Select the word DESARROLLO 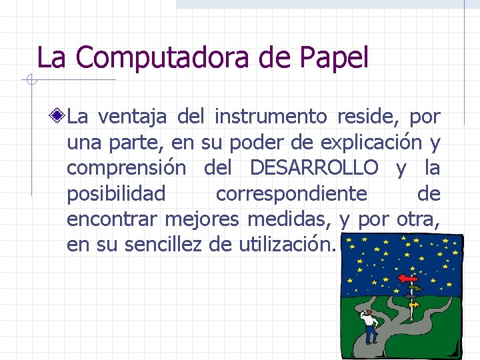314,168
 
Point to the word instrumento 271,117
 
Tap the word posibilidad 116,193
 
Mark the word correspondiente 291,193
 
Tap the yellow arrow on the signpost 414,305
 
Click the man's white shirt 369,319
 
